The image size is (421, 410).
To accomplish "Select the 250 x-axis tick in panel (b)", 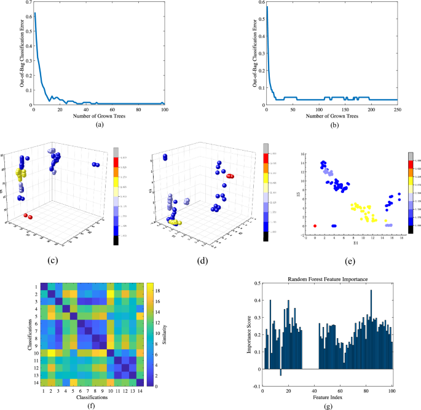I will pos(397,109).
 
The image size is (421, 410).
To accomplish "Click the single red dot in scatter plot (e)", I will pos(315,226).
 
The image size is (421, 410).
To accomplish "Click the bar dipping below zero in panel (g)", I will pos(281,372).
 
